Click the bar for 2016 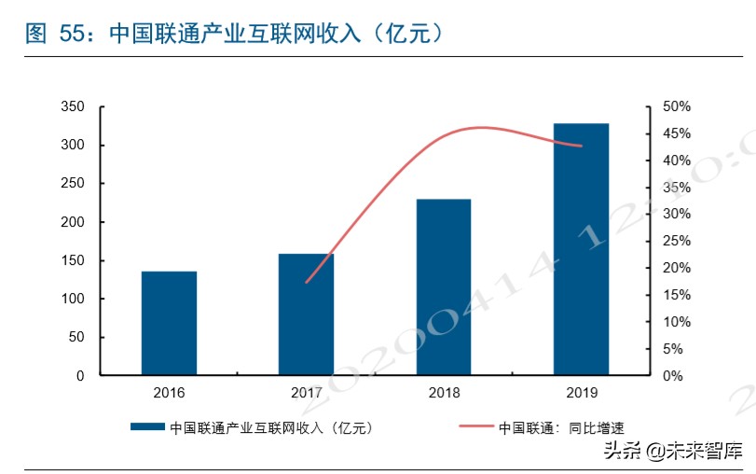click(169, 323)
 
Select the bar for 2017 click(306, 314)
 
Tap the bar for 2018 click(443, 286)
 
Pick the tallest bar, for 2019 click(581, 248)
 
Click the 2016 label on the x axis click(169, 393)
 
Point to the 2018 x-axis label click(444, 393)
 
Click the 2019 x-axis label click(581, 393)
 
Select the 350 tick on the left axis click(72, 107)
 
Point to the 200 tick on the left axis click(72, 222)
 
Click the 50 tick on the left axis click(76, 337)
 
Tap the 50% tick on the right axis click(676, 107)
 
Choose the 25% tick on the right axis click(676, 242)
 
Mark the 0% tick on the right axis click(672, 376)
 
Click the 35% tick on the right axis click(676, 188)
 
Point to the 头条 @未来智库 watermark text click(672, 452)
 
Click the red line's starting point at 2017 click(306, 282)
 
